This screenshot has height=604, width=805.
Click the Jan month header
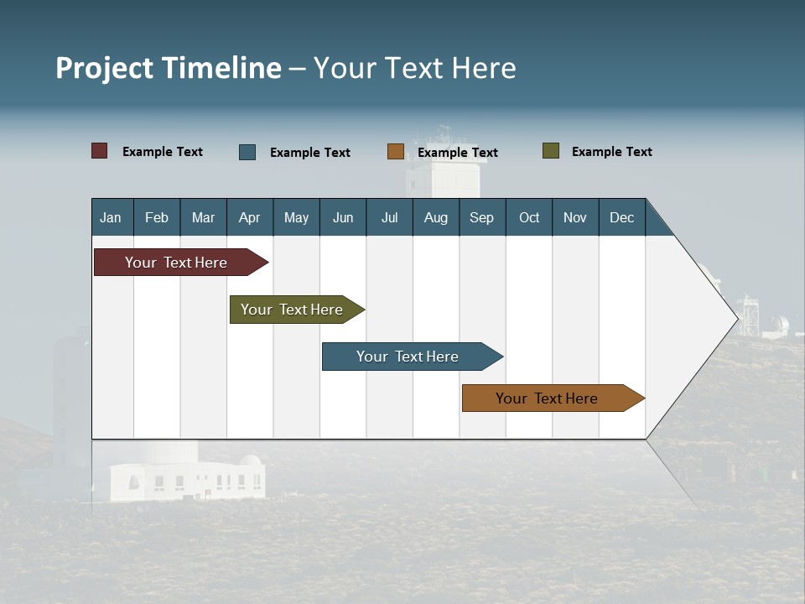(111, 217)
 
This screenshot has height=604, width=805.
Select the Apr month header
(249, 217)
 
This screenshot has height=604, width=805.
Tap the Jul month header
(389, 217)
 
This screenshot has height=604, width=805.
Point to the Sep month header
(481, 217)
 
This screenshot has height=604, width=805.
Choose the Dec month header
(621, 217)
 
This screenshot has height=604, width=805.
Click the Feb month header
(157, 217)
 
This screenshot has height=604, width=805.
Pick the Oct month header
(529, 217)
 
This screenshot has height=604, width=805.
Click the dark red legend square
(99, 151)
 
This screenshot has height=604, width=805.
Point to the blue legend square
(247, 152)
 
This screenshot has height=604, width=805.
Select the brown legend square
(396, 152)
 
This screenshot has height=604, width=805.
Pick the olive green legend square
(551, 151)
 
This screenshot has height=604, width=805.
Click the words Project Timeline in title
(169, 68)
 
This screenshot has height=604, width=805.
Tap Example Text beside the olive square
(611, 152)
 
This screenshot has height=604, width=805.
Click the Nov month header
(575, 217)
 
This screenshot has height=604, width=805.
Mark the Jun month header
(343, 217)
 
